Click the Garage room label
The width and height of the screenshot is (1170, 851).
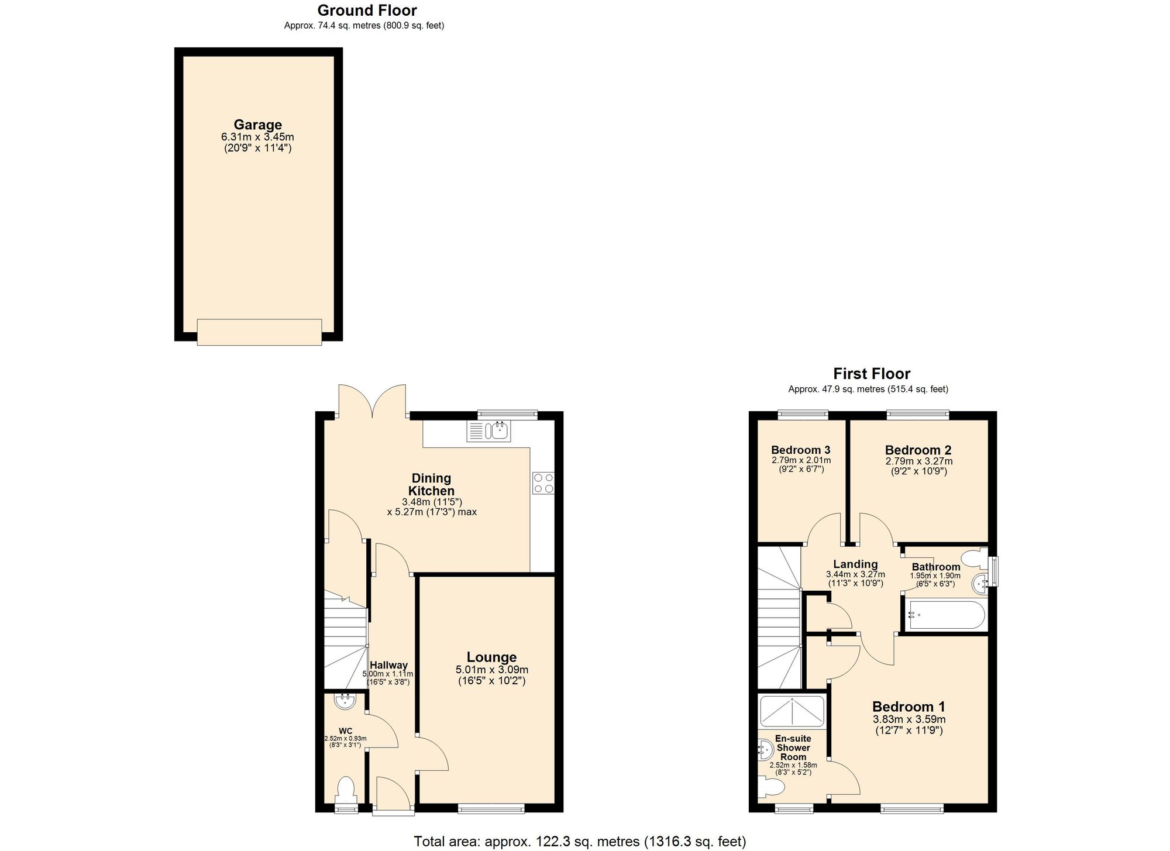(x=257, y=125)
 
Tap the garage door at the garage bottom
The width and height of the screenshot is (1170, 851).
(x=259, y=332)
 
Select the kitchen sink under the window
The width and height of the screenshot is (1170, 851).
(x=489, y=431)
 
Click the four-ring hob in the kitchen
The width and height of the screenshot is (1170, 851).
(x=543, y=483)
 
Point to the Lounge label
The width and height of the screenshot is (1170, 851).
(x=491, y=657)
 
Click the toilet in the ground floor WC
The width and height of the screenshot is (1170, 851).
(x=346, y=791)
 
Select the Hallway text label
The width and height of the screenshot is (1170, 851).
(x=388, y=665)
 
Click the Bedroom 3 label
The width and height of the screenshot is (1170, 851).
(x=800, y=450)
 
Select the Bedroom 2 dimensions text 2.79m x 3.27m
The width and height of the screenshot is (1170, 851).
(x=918, y=461)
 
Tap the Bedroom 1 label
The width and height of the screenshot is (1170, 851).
(x=909, y=707)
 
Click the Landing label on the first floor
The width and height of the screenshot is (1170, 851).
(x=855, y=564)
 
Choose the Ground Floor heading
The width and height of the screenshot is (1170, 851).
(x=367, y=11)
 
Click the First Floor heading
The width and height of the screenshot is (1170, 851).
(x=872, y=374)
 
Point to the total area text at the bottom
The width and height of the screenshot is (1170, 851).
(x=580, y=841)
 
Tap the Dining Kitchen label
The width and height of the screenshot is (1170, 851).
(x=431, y=485)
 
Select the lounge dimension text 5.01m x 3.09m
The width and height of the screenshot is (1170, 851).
(x=491, y=670)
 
